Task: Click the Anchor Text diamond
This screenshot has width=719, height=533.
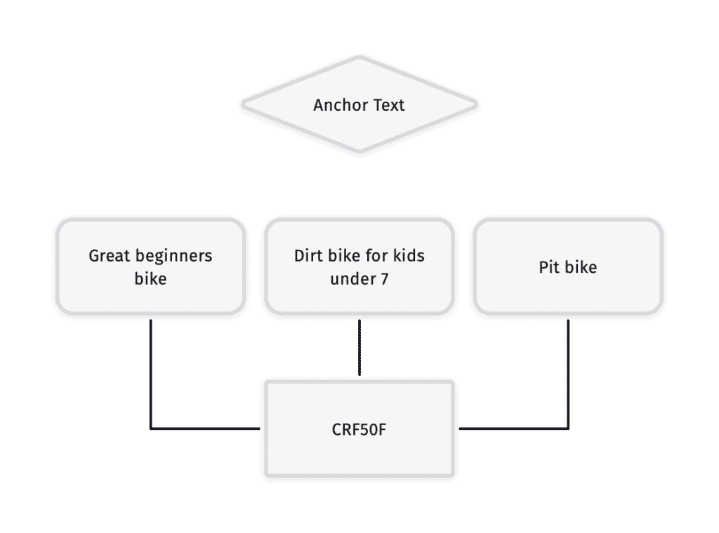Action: pos(359,104)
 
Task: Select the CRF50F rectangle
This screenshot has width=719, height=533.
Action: pos(359,429)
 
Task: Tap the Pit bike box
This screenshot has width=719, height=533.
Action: pos(568,267)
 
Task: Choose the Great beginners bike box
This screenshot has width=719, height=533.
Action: pos(150,267)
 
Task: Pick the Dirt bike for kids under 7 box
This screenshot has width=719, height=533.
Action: pos(359,267)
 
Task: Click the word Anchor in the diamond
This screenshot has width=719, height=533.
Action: pos(340,105)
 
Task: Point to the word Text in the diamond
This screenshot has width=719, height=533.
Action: pos(389,105)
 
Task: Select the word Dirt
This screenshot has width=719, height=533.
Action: pos(308,255)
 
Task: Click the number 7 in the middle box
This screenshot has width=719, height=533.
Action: pos(384,279)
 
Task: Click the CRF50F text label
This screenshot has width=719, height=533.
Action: pos(359,429)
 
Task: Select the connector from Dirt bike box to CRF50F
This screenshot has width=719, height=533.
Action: pos(359,348)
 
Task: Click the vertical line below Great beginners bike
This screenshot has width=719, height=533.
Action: pos(150,374)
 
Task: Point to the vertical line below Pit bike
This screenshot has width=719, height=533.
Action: pos(568,374)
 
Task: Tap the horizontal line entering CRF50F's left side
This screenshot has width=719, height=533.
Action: pos(205,429)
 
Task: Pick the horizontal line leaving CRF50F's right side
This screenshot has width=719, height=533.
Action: pos(514,429)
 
